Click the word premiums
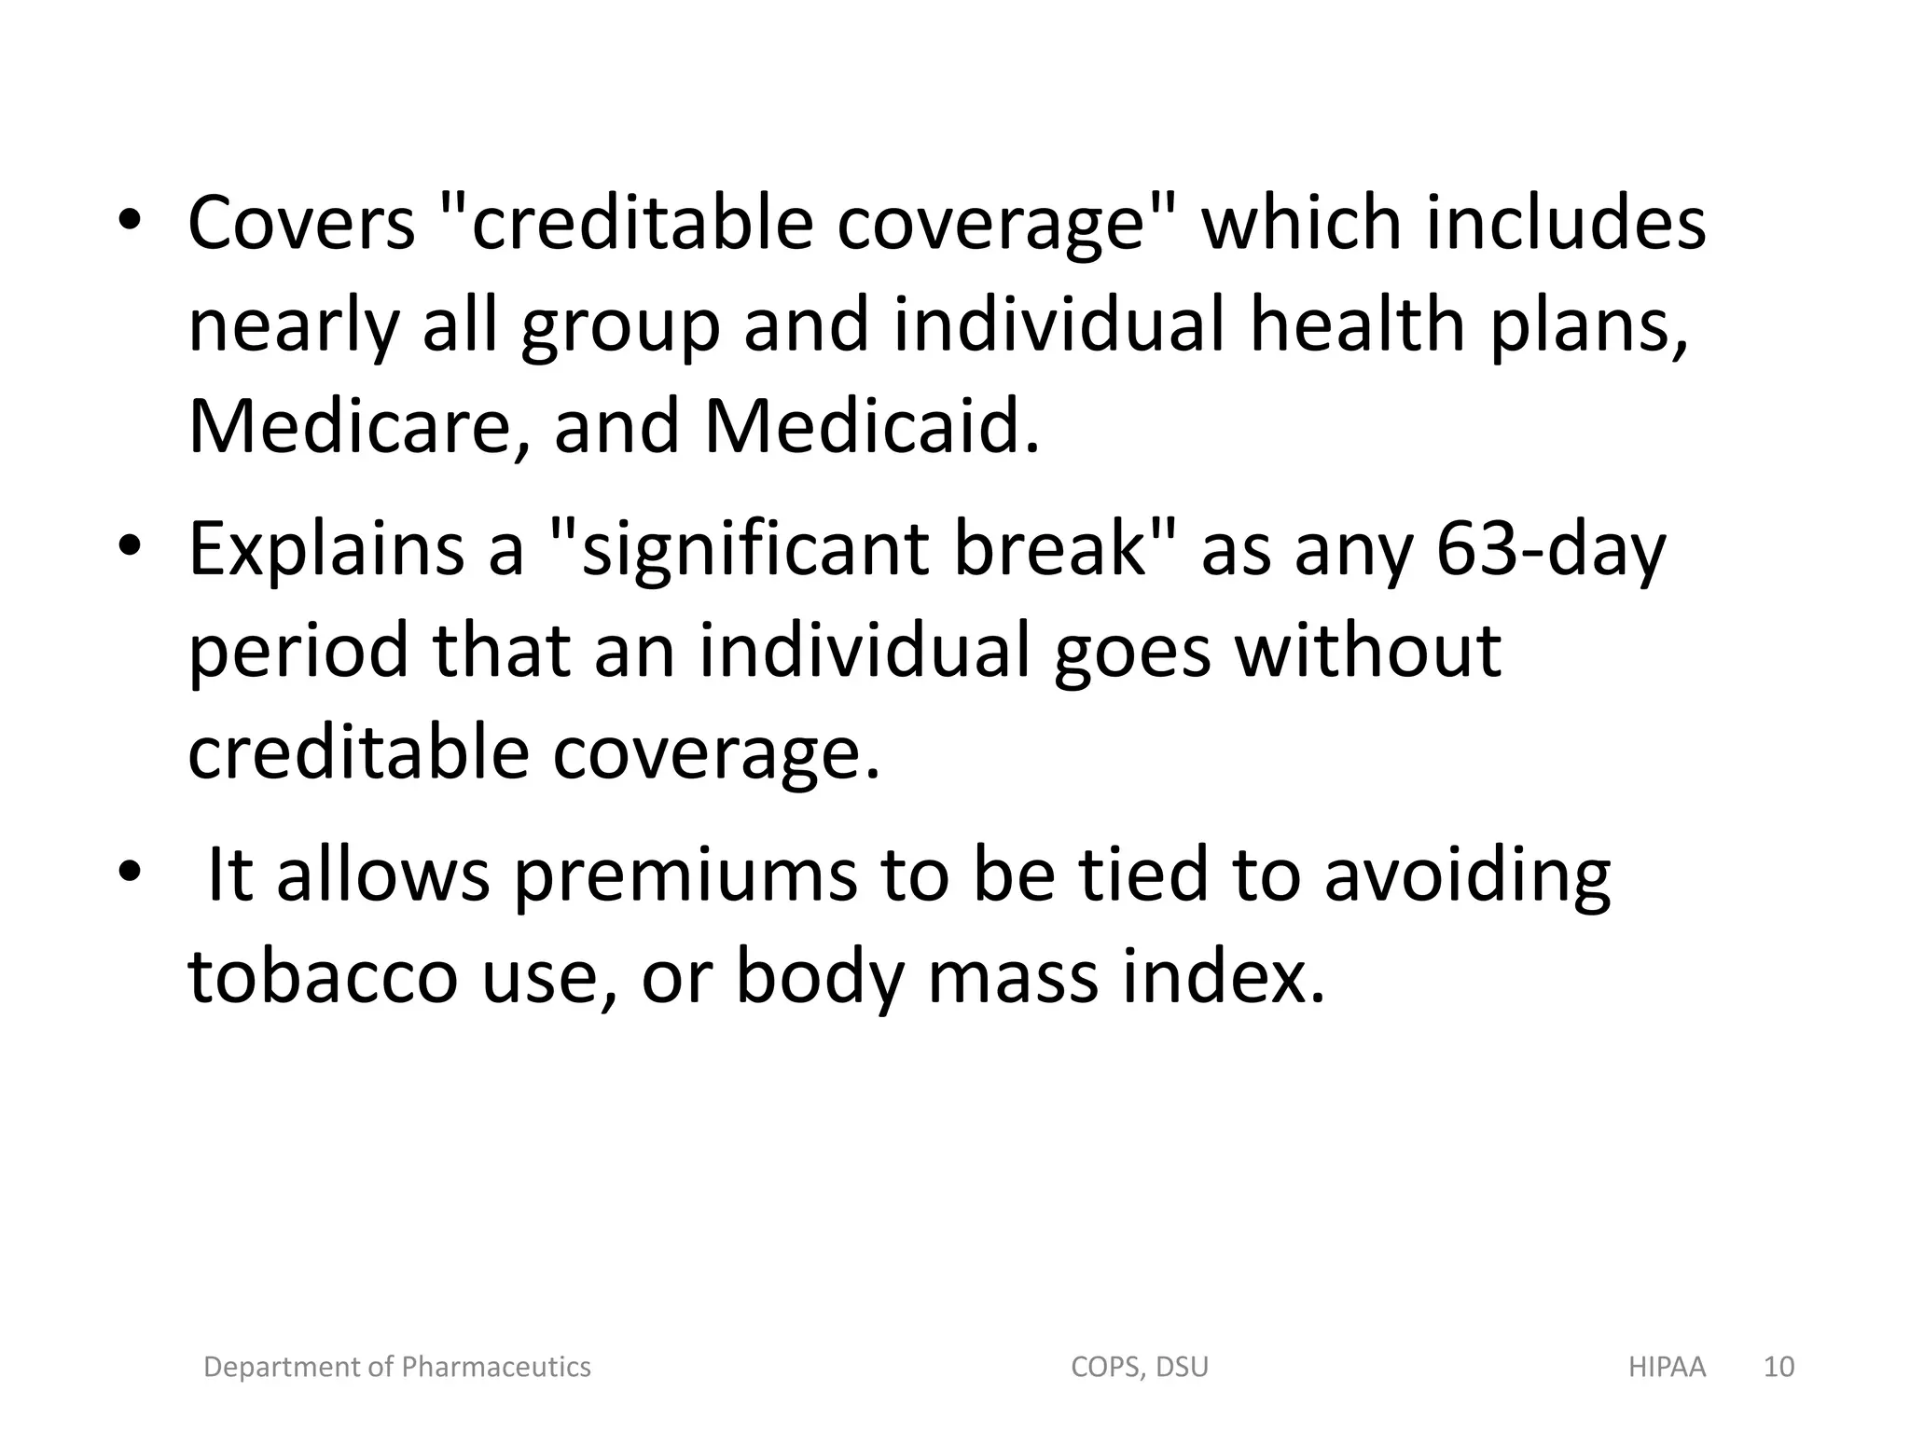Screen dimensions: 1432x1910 [x=685, y=875]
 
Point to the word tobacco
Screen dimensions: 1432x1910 [x=323, y=977]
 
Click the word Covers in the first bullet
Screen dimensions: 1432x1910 [x=301, y=224]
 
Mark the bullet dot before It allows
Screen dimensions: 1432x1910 [x=130, y=872]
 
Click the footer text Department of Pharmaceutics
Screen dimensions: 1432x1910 [x=397, y=1367]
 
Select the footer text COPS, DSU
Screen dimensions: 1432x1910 [x=1140, y=1367]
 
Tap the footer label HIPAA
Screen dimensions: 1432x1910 [x=1667, y=1367]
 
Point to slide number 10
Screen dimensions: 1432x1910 [x=1779, y=1367]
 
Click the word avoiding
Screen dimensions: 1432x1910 [x=1467, y=875]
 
